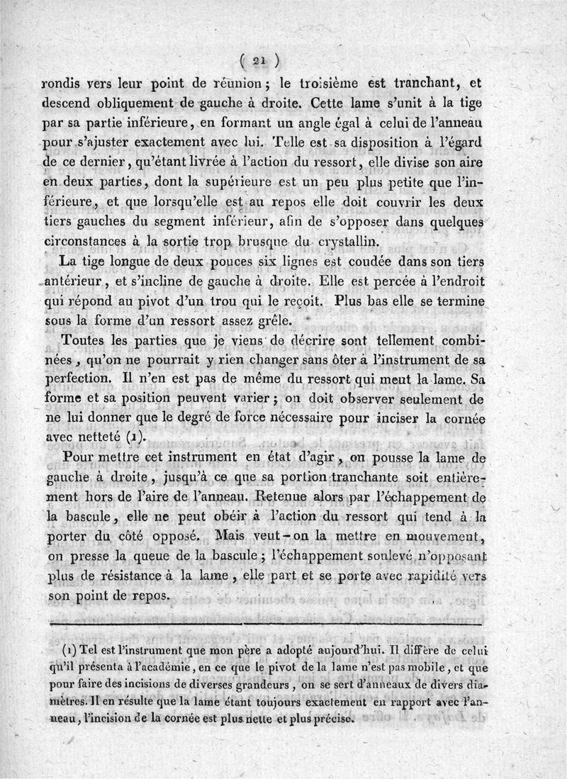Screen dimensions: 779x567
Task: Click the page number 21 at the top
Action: (262, 60)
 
